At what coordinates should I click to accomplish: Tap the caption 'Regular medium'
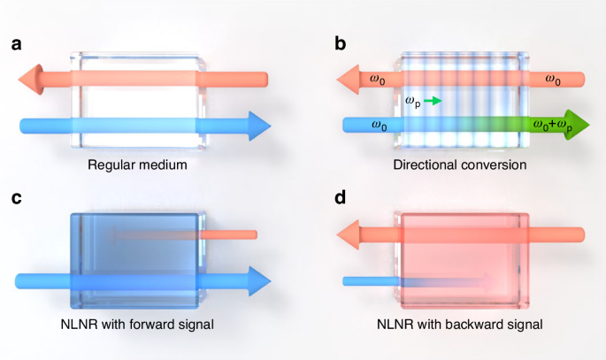(x=142, y=165)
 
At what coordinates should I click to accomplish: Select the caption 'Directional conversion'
(x=460, y=165)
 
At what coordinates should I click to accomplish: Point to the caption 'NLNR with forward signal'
(x=142, y=325)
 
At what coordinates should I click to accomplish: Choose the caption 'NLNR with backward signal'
(x=460, y=325)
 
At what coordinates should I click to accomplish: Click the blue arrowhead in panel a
(x=257, y=126)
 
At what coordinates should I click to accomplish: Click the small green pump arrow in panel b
(x=432, y=102)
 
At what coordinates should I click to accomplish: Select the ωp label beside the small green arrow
(x=412, y=102)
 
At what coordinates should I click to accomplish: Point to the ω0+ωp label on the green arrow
(x=550, y=126)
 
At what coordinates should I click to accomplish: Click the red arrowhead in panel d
(x=351, y=234)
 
